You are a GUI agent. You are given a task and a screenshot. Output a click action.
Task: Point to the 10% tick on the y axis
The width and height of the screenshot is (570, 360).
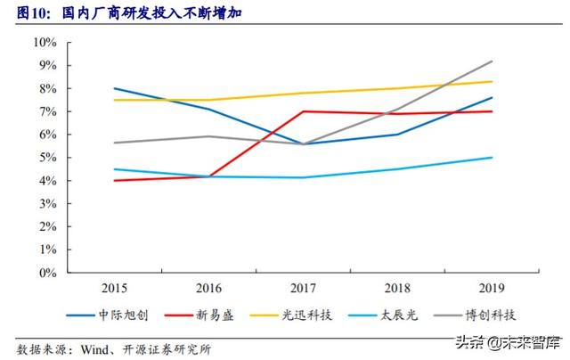coord(45,43)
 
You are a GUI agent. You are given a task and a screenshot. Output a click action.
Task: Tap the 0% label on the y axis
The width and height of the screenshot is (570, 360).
coord(48,273)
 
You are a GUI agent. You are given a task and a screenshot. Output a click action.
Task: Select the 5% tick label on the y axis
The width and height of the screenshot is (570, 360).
coord(48,158)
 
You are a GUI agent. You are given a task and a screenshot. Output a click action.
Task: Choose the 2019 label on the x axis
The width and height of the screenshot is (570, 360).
coord(493,287)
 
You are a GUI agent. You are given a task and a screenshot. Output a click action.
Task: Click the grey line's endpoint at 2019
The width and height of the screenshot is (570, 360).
coord(493,61)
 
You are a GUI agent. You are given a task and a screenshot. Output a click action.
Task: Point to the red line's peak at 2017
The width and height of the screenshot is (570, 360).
coord(304,111)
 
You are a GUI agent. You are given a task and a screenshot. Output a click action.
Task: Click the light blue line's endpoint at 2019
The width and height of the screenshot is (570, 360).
coord(493,158)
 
